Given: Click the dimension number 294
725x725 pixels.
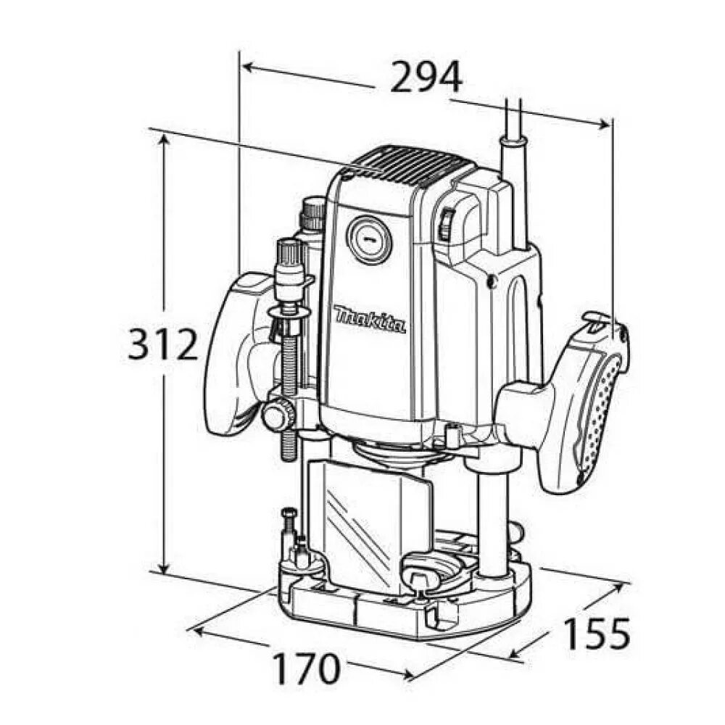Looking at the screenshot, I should point(426,77).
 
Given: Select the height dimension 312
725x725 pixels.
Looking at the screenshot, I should point(163,344).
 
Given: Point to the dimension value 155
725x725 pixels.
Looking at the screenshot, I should point(597,634).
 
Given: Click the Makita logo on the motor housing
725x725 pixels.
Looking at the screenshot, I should point(370,320).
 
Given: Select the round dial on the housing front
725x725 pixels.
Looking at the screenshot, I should point(370,240).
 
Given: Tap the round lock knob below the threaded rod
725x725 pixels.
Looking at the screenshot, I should point(276,416).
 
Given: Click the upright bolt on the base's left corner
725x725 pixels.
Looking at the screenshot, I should point(288,526).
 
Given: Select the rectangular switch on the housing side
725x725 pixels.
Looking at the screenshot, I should point(447,224).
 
